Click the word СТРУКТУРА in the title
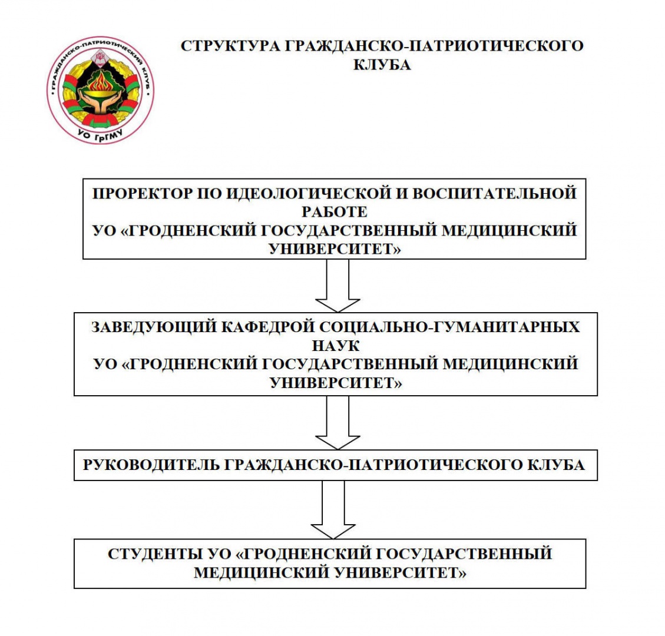point(230,46)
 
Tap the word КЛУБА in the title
point(382,65)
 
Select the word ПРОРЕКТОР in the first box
point(142,193)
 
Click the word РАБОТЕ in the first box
point(335,211)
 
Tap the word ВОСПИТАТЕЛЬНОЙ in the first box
point(495,193)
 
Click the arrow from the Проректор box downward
point(338,286)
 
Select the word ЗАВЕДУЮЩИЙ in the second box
point(154,327)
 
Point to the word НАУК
point(336,346)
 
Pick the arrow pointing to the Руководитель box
point(338,423)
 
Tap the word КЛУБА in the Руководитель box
point(556,465)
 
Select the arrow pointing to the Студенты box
point(333,509)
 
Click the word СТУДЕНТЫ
point(155,554)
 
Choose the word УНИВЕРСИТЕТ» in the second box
point(336,383)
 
